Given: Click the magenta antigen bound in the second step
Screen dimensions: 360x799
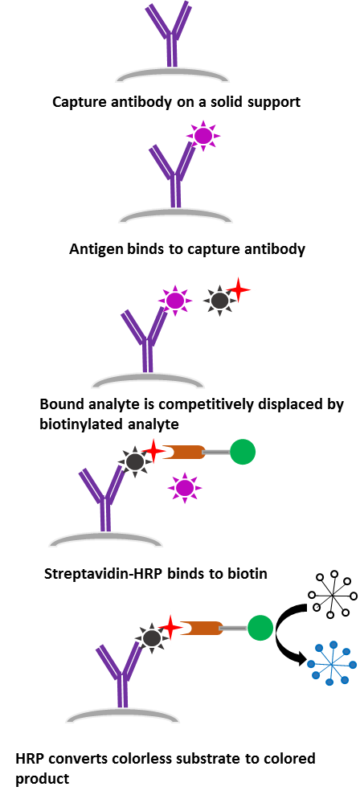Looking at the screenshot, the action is point(203,136).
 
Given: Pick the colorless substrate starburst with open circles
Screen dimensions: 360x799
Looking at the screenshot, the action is point(332,594).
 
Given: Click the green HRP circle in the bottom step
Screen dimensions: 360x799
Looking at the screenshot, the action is point(260,628).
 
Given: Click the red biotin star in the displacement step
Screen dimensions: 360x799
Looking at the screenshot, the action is point(239,290).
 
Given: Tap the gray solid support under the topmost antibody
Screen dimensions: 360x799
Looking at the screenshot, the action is point(172,76).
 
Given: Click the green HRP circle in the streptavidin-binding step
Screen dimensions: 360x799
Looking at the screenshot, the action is point(243,452).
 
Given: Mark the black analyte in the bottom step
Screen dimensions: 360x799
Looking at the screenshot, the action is point(151,637).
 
